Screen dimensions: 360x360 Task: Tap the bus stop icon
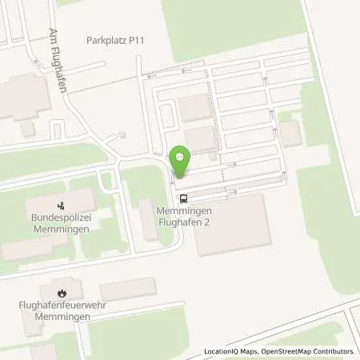pos(184,198)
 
